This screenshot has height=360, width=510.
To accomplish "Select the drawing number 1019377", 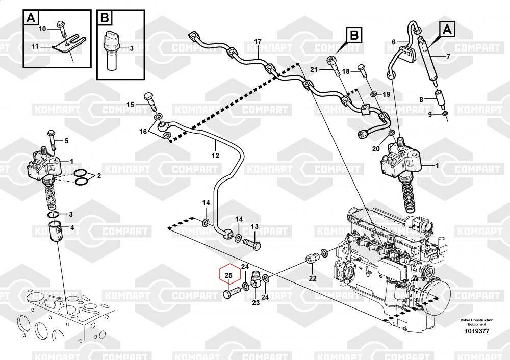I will pos(477,331).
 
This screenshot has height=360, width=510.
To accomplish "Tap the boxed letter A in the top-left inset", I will pos(31,19).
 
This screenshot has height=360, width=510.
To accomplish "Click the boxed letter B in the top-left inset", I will pos(105,19).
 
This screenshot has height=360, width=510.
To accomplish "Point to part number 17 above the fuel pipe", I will pos(258,41).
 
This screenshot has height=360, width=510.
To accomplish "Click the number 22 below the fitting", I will pos(313,278).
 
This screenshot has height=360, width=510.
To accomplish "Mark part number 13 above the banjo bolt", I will pos(254,226).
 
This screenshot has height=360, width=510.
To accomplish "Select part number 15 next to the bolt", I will pos(130,105).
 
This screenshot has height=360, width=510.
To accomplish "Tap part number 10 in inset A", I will pos(42,28).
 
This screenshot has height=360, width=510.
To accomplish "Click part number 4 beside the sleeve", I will pos(72,227).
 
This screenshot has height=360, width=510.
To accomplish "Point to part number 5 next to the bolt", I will pos(65,140).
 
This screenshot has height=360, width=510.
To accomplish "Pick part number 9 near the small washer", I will pos(430,115).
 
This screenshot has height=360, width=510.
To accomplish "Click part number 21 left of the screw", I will pos(314,69).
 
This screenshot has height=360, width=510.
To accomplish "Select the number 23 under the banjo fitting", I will pos(256,303).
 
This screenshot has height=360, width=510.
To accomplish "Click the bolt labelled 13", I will pos(251,242).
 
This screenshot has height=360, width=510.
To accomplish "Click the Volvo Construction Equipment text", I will pos(477,322).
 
